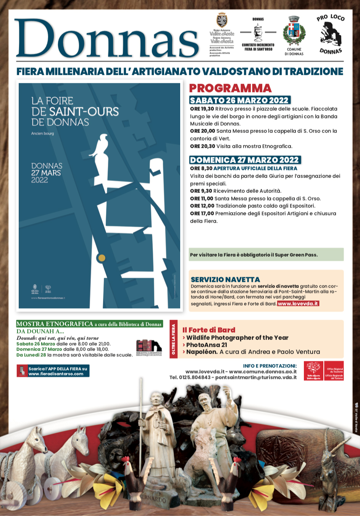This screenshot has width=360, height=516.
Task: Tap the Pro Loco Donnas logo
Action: pos(331,34)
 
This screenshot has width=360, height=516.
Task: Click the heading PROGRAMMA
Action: pos(230,88)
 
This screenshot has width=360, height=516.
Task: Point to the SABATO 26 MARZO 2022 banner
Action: pos(240,100)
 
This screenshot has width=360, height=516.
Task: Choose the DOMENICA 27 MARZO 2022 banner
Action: pos(245,160)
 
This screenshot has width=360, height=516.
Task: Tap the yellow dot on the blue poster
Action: pos(102,258)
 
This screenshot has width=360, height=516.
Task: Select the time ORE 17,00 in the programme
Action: pos(202,214)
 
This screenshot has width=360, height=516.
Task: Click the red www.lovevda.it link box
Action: pos(298,304)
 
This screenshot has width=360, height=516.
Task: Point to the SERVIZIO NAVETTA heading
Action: pos(225,280)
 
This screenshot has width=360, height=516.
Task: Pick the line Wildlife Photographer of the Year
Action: pos(237,338)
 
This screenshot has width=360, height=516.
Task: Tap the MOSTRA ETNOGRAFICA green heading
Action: pos(55,324)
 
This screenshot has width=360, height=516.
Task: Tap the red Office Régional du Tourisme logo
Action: pos(334,371)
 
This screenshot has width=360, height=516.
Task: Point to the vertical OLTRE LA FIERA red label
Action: pos(173,339)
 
